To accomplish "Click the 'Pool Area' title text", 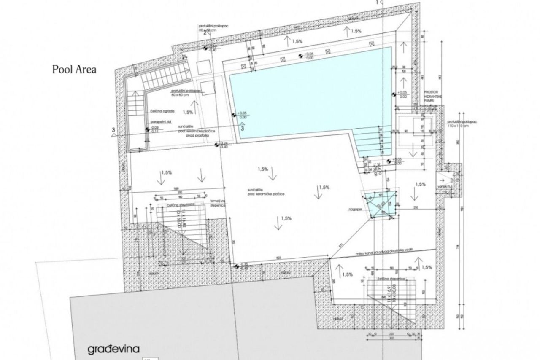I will (x=74, y=70).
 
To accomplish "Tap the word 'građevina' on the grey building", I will (x=113, y=349).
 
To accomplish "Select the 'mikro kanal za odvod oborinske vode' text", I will (x=378, y=252).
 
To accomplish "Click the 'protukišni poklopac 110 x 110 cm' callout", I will (x=463, y=123).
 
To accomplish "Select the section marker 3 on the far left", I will (x=113, y=130).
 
